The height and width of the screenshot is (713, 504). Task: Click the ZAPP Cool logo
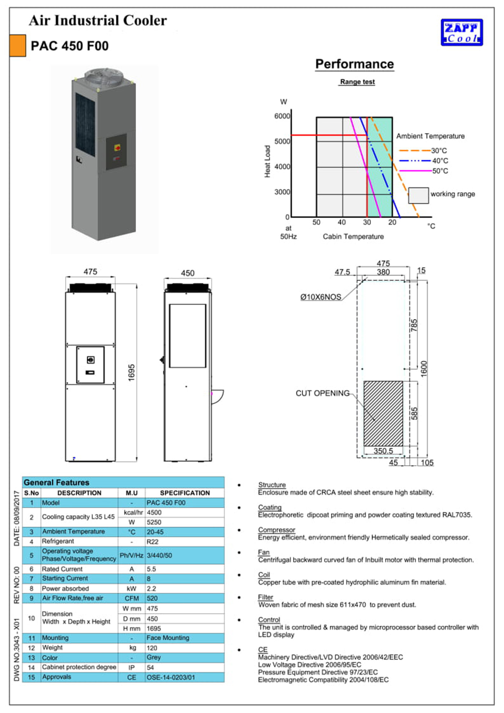[x=462, y=32]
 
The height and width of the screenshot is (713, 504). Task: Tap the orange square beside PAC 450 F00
[x=17, y=46]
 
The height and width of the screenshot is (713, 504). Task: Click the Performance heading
[x=355, y=64]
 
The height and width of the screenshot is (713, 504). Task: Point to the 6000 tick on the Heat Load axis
[x=282, y=116]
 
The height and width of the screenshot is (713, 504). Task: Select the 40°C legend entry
[x=440, y=161]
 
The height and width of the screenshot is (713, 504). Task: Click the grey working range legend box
[x=418, y=195]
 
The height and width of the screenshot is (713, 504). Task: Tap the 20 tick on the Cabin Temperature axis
[x=392, y=223]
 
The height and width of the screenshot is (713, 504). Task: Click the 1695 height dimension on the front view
[x=132, y=372]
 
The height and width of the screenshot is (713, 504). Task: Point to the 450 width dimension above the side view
[x=188, y=273]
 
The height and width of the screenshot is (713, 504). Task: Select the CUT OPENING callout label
[x=323, y=393]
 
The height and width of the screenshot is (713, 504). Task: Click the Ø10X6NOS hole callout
[x=321, y=297]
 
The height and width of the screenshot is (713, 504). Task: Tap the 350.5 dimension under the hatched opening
[x=383, y=451]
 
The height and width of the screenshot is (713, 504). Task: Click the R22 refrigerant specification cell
[x=153, y=542]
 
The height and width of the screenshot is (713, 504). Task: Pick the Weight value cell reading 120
[x=152, y=648]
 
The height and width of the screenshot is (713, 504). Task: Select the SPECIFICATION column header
[x=185, y=493]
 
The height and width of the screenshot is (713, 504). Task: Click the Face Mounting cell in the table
[x=168, y=638]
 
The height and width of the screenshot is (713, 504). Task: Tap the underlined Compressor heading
[x=276, y=530]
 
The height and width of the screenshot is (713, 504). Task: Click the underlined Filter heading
[x=265, y=597]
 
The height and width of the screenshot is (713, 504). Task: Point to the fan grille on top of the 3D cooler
[x=104, y=77]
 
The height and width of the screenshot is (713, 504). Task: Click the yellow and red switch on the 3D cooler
[x=117, y=148]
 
